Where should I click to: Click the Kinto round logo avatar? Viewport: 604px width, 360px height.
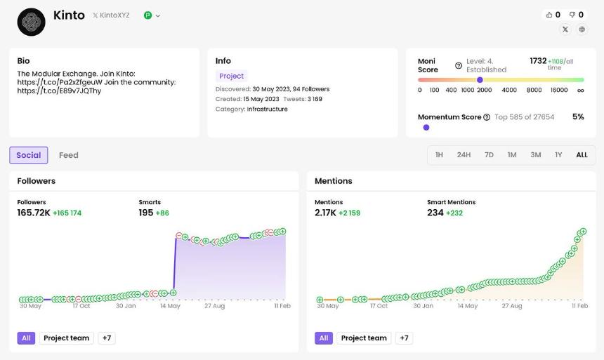tap(31, 22)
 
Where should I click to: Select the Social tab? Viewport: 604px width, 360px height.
tap(29, 155)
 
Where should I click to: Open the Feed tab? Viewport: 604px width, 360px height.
tap(69, 155)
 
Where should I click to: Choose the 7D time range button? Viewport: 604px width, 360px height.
tap(489, 155)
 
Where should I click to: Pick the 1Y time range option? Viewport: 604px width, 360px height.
tap(558, 155)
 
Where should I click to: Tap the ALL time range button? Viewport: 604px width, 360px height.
tap(582, 155)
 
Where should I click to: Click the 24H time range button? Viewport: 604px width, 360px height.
tap(464, 155)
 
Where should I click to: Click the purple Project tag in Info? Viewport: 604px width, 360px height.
tap(232, 76)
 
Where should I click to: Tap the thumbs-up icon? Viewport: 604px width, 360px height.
tap(549, 15)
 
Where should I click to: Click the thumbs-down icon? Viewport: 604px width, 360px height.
tap(572, 15)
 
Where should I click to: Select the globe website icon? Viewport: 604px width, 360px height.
tap(582, 29)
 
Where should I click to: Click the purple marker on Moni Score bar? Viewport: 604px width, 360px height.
tap(480, 80)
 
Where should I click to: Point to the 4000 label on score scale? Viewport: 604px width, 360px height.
tap(509, 90)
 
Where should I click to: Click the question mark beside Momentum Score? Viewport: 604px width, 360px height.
tap(487, 117)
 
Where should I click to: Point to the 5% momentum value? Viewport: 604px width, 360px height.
tap(578, 116)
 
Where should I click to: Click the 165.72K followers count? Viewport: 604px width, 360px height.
tap(34, 213)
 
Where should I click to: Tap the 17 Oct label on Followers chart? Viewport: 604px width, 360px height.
tap(81, 306)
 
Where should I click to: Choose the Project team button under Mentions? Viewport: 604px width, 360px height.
tap(364, 338)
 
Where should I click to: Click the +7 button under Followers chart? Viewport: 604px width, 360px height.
tap(107, 338)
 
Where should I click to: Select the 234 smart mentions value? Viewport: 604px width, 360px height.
tap(435, 213)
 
